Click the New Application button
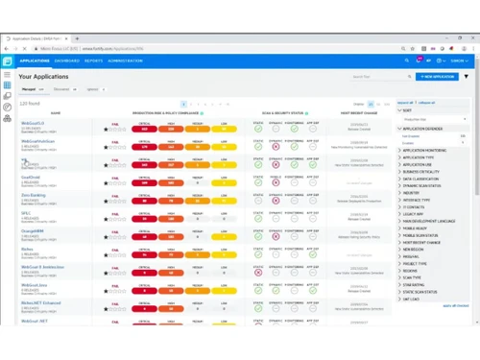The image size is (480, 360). pyautogui.click(x=439, y=77)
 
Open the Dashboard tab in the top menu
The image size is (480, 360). pyautogui.click(x=67, y=60)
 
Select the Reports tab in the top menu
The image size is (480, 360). pyautogui.click(x=93, y=60)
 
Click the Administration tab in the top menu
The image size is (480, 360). pyautogui.click(x=125, y=60)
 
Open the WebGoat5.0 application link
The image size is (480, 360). pyautogui.click(x=32, y=123)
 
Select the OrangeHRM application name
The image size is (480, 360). pyautogui.click(x=34, y=229)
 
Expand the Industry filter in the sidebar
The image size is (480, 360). pyautogui.click(x=412, y=193)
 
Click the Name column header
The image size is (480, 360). pyautogui.click(x=55, y=112)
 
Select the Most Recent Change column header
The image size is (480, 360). pyautogui.click(x=358, y=112)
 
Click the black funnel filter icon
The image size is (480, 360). pyautogui.click(x=468, y=77)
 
